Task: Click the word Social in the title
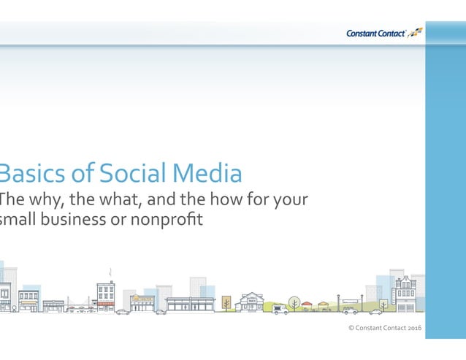131,174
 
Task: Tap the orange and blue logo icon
415,31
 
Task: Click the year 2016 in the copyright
414,328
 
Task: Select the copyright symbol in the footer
351,328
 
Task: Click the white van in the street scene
280,309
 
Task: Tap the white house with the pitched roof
252,302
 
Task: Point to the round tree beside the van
294,301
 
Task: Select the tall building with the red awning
106,295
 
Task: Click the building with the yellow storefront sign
142,302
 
